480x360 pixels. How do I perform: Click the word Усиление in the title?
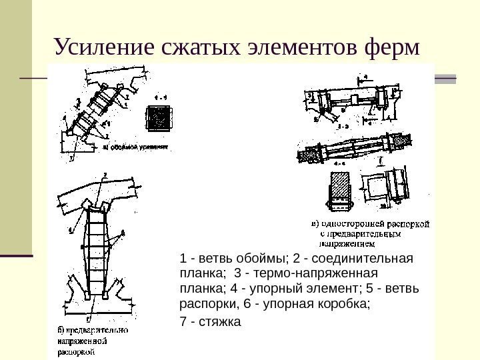point(103,47)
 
